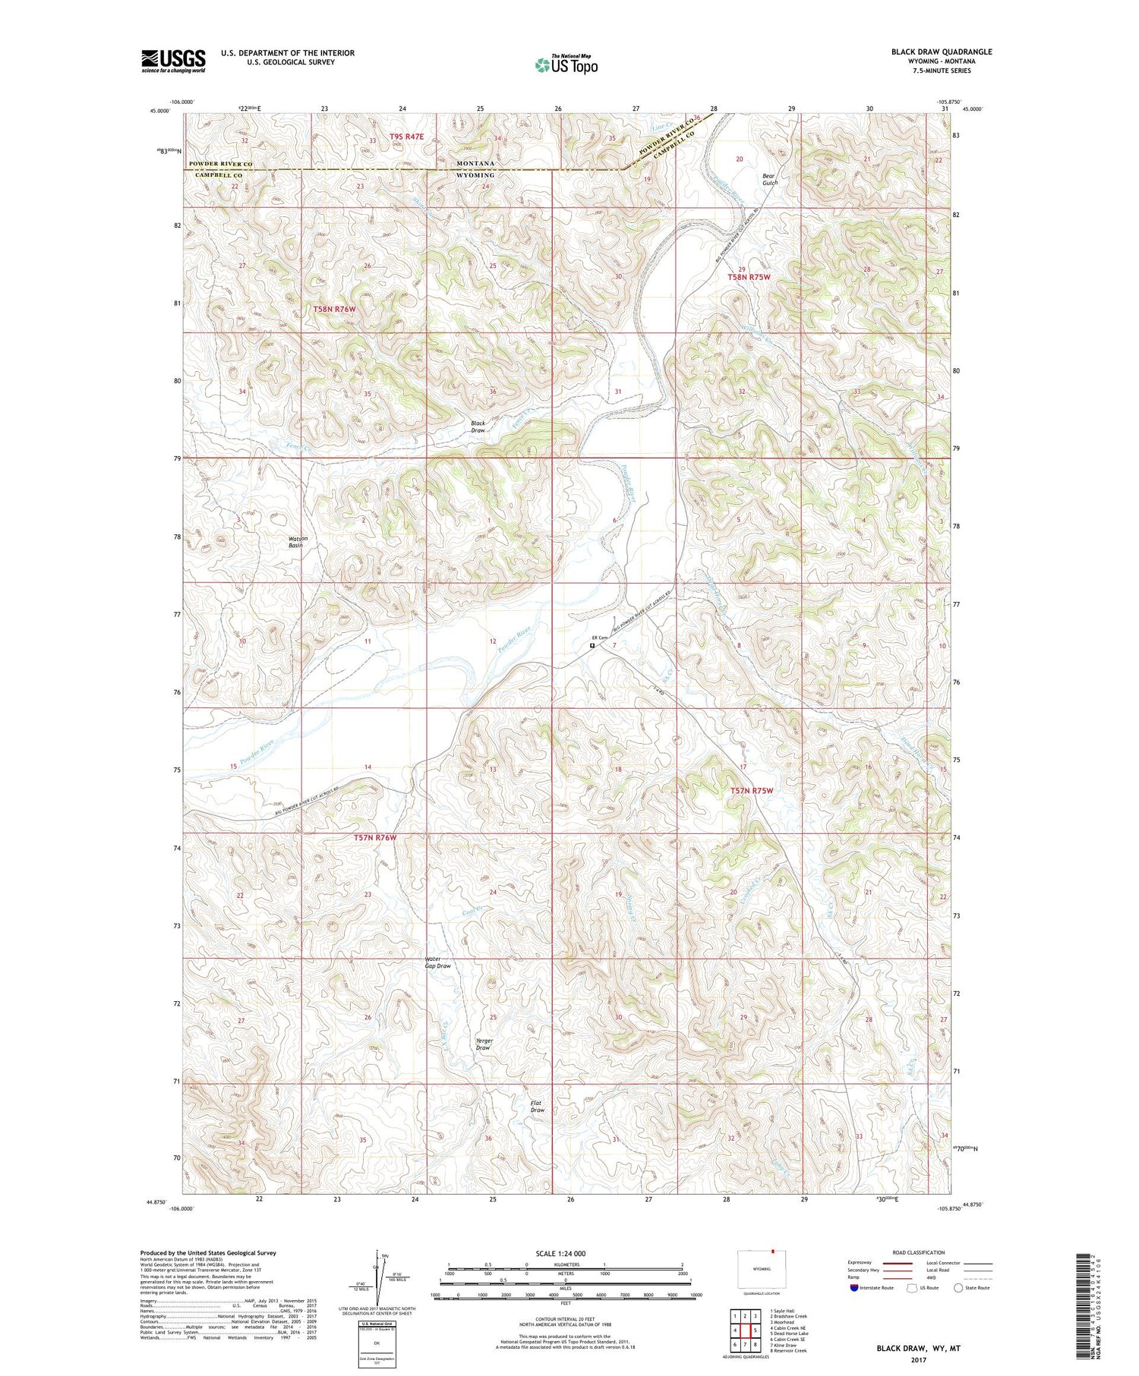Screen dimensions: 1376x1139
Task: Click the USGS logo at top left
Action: tap(173, 61)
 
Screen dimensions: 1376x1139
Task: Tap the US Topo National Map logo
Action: tap(566, 65)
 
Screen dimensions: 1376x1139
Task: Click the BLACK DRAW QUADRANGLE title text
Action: tap(941, 52)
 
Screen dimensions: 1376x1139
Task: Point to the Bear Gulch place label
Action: tap(770, 179)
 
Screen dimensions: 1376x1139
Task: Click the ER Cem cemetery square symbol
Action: tap(592, 645)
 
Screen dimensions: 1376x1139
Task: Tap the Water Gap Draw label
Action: tap(437, 962)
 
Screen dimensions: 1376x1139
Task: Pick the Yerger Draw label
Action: tap(484, 1044)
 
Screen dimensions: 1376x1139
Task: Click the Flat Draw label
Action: tap(538, 1107)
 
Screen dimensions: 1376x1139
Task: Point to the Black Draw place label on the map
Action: tap(478, 427)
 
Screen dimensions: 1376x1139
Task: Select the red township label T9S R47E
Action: tap(407, 137)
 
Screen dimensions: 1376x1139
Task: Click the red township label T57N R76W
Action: tap(375, 837)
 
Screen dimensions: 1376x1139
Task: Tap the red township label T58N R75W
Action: tap(749, 277)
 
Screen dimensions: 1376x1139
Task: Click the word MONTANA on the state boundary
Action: tap(475, 163)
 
